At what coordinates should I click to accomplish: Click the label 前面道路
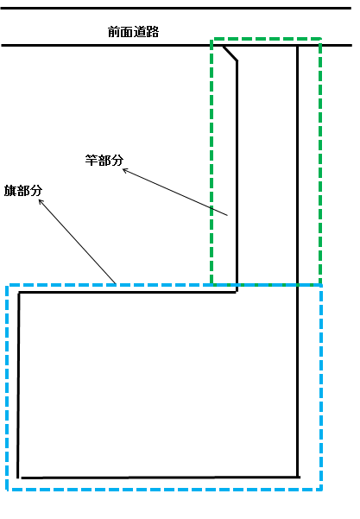point(133,32)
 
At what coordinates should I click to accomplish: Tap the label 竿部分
point(104,160)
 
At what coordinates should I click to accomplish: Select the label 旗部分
point(23,191)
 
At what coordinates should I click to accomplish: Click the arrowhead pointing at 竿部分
point(124,170)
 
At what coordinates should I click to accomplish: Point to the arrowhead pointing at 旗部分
point(41,200)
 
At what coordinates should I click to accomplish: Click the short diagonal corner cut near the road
point(230,54)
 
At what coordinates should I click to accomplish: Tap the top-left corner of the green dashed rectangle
point(212,40)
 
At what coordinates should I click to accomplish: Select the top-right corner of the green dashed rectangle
point(320,40)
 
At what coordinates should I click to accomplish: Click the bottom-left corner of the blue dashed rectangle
point(7,490)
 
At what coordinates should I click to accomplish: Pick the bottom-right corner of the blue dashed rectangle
point(321,490)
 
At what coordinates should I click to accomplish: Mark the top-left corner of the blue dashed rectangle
point(7,285)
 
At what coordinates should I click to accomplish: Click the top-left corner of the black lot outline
point(19,292)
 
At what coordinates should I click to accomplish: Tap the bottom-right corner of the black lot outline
point(298,477)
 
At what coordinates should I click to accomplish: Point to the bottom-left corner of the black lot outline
point(18,478)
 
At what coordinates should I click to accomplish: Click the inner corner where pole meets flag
point(237,292)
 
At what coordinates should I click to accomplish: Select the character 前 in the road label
point(114,32)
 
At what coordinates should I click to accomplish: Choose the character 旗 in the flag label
point(9,191)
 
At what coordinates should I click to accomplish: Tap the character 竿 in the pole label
point(92,160)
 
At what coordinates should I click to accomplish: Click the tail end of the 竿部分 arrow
point(228,216)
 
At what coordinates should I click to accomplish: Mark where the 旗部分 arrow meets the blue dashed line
point(116,284)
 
